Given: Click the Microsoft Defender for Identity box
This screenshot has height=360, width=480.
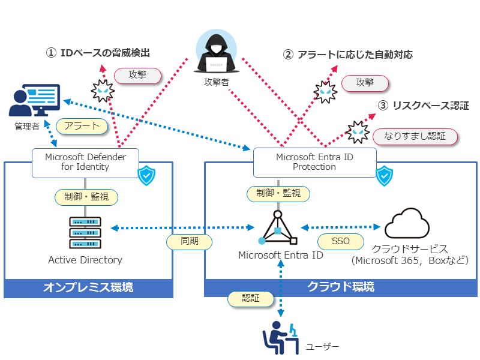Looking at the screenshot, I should click(85, 163).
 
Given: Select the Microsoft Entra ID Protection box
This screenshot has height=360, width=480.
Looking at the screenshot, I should click(314, 162).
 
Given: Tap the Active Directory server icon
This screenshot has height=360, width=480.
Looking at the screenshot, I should click(85, 232).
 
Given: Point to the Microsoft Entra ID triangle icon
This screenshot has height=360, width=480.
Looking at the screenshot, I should click(278, 228).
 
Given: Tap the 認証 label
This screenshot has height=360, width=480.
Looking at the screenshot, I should click(251, 298).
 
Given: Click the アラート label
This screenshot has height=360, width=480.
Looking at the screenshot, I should click(82, 126).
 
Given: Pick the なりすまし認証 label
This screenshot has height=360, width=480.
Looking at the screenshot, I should click(415, 136).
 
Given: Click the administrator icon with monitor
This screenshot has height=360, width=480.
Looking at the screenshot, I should click(35, 101).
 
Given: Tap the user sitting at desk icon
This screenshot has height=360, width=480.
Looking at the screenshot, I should click(281, 338).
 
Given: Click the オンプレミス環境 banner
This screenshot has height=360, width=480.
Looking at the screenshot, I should click(88, 288).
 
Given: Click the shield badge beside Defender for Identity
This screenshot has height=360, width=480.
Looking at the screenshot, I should click(146, 176).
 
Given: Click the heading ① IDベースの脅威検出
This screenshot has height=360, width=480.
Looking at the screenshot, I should click(98, 53).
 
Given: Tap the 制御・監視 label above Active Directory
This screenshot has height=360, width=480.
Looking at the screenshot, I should click(86, 196).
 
